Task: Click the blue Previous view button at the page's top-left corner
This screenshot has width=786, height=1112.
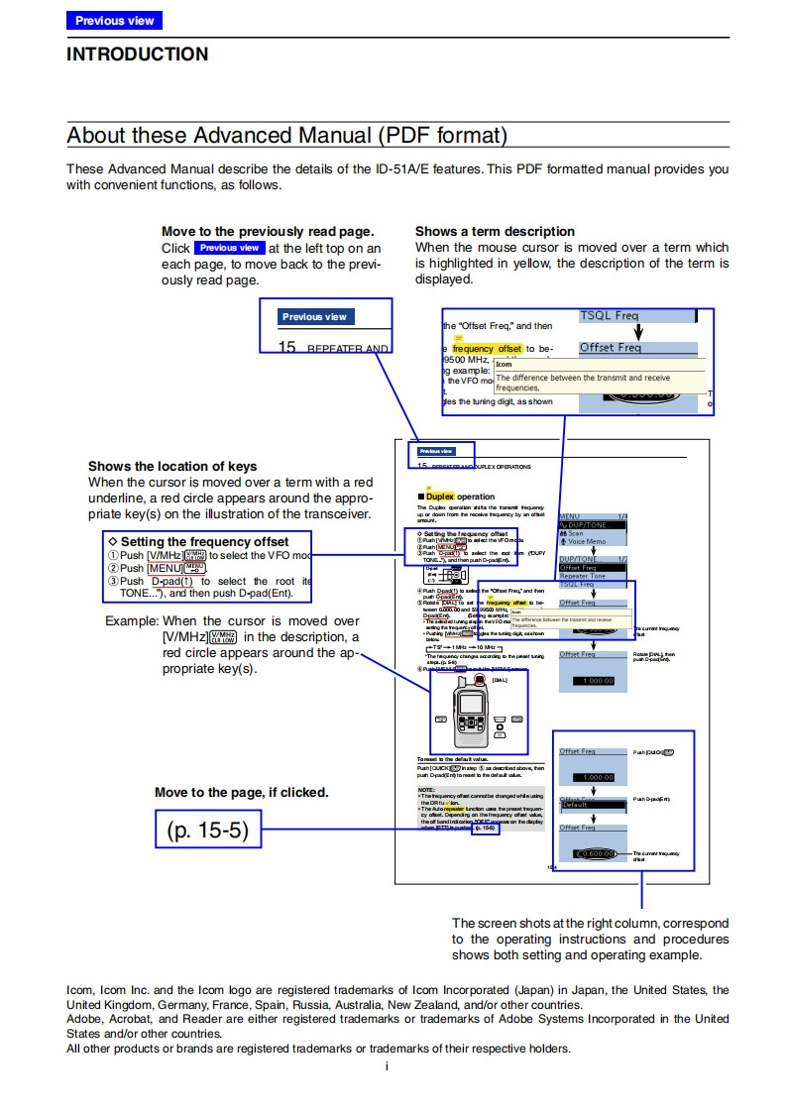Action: pyautogui.click(x=114, y=20)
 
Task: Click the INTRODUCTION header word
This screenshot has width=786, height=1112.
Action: pyautogui.click(x=137, y=55)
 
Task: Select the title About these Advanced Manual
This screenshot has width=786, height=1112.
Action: pyautogui.click(x=286, y=135)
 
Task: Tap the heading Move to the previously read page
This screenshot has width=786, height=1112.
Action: pyautogui.click(x=268, y=231)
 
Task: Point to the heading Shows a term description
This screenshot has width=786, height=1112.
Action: pyautogui.click(x=495, y=231)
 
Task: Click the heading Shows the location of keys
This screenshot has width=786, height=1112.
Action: pyautogui.click(x=172, y=466)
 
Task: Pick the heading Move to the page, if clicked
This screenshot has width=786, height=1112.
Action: pyautogui.click(x=241, y=792)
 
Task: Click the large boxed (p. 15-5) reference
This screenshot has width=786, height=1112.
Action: pyautogui.click(x=207, y=831)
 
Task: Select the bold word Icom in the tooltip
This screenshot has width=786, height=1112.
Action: pyautogui.click(x=505, y=365)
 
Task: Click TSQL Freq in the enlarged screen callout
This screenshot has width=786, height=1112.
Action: pyautogui.click(x=610, y=315)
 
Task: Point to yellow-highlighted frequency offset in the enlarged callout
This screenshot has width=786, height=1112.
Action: pyautogui.click(x=487, y=349)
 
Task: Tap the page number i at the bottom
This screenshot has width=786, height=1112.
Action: pyautogui.click(x=387, y=1066)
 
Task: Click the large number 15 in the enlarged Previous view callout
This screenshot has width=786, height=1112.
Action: pyautogui.click(x=287, y=347)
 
